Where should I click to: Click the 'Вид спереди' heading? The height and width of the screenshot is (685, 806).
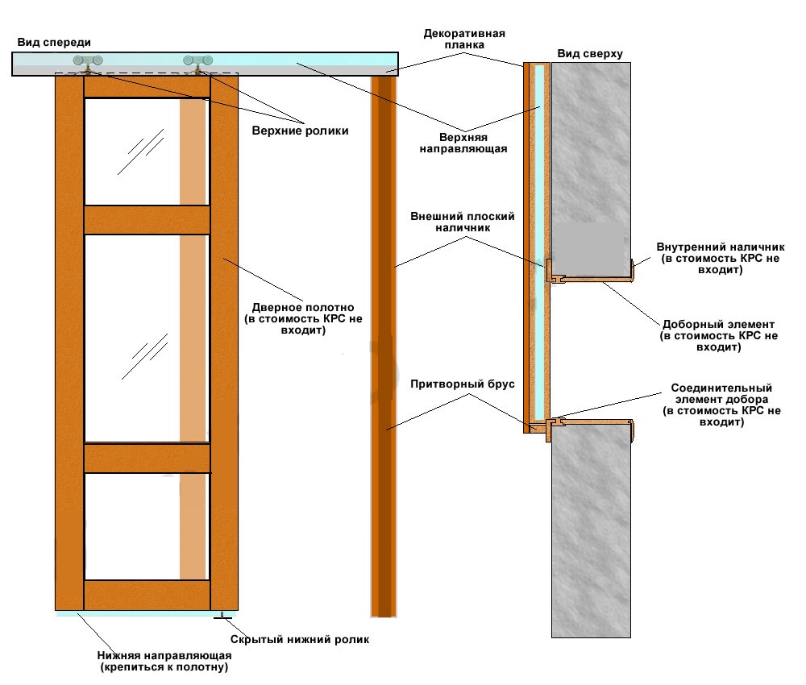point(53,42)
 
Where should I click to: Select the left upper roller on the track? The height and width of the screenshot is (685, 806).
point(86,62)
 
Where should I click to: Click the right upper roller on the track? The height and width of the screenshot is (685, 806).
point(198,62)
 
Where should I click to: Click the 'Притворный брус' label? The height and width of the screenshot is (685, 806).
point(462,384)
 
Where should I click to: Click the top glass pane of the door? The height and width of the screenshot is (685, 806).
point(133,152)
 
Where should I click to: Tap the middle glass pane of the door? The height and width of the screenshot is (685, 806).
point(133,338)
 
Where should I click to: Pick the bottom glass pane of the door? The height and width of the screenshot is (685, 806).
point(133,525)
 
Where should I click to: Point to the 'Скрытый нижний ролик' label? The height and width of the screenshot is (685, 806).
point(299,640)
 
